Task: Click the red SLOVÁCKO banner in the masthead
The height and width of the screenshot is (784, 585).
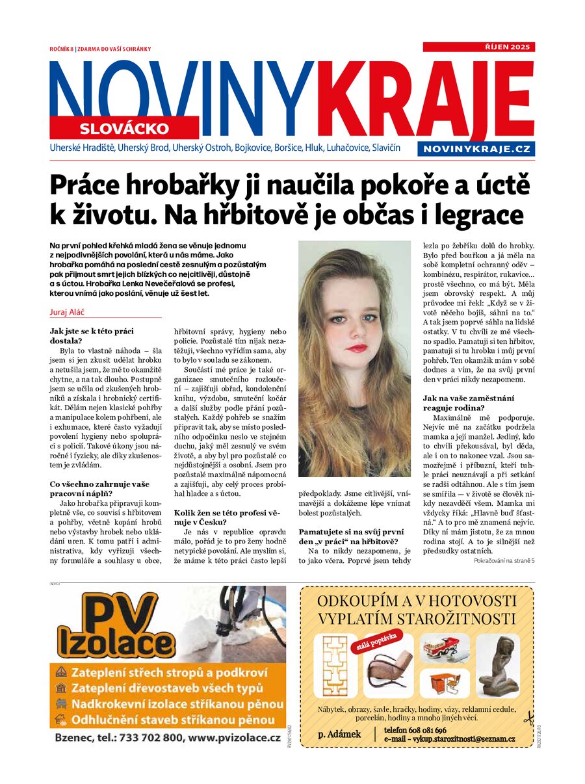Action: click(124, 128)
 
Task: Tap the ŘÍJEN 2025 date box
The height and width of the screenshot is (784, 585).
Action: click(478, 47)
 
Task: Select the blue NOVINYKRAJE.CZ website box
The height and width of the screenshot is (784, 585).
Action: click(476, 150)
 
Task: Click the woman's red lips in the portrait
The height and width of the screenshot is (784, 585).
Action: click(356, 348)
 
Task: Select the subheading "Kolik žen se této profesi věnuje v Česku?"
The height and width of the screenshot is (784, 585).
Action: click(222, 517)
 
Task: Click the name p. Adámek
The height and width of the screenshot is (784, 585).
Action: click(339, 734)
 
